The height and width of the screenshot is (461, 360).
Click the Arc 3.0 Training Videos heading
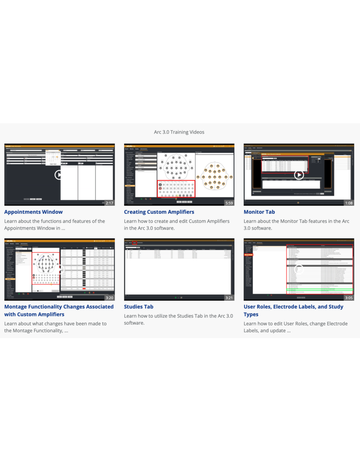tap(179, 132)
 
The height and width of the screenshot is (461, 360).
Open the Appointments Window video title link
tap(33, 212)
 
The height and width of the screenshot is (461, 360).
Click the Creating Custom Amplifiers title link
tap(159, 212)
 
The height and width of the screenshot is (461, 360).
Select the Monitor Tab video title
tap(259, 212)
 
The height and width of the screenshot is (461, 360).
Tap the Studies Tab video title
tap(139, 307)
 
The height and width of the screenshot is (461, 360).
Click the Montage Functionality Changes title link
tap(58, 310)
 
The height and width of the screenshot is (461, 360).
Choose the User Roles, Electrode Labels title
tap(293, 310)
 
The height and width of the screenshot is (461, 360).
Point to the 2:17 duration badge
tap(109, 203)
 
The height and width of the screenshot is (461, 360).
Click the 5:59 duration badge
tap(229, 203)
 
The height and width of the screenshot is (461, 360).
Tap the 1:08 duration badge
tap(349, 203)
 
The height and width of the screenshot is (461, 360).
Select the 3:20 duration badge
tap(109, 298)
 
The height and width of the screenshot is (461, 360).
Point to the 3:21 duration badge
tap(229, 298)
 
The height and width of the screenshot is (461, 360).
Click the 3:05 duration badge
tap(349, 298)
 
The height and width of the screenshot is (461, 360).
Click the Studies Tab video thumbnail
tap(179, 269)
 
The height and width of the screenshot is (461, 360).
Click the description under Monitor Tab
tap(296, 225)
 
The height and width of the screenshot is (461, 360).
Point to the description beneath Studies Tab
tap(178, 319)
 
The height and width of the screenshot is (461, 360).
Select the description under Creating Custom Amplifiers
tap(176, 225)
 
